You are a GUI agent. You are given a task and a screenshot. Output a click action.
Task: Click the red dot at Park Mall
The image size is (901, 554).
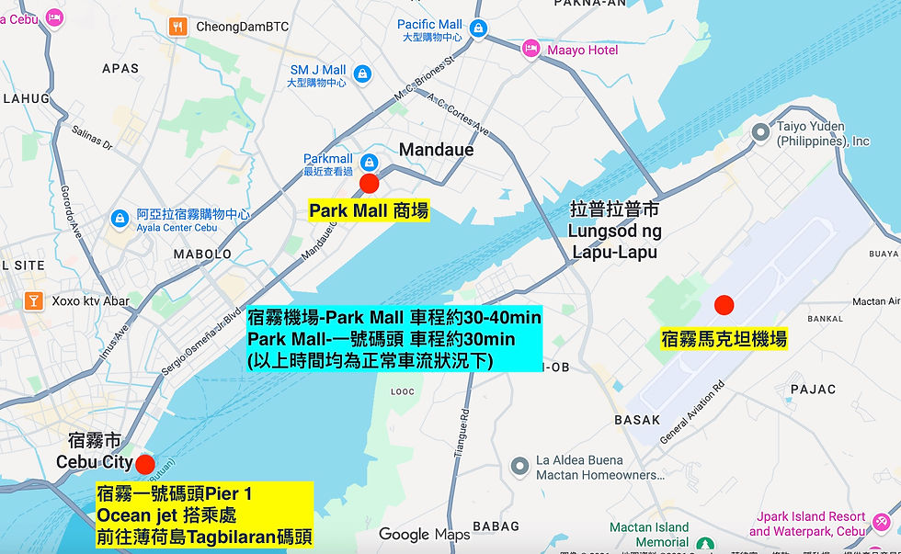point(370,183)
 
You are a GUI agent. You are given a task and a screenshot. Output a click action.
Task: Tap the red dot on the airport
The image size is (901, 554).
point(724,304)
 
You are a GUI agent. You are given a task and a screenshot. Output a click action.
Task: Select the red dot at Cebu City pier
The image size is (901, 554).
point(145,463)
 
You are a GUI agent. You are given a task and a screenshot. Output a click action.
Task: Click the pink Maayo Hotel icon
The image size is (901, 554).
point(530,48)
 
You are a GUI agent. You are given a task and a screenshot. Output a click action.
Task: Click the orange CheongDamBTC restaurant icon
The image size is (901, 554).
point(178,27)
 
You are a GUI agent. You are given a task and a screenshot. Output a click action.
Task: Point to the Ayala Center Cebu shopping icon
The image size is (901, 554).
point(119,219)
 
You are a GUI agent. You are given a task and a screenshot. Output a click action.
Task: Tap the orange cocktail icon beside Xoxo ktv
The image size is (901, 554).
point(34,300)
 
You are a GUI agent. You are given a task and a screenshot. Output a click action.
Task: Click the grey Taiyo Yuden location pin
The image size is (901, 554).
point(760,133)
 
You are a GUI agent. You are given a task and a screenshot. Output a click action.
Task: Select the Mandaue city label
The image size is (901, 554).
point(436,150)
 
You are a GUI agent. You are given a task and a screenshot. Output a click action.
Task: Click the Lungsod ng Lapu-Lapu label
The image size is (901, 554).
point(614,231)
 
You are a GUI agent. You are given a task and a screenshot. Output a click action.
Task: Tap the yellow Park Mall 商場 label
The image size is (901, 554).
point(369,211)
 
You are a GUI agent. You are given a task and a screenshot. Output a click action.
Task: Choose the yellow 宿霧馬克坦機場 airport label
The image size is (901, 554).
point(724,339)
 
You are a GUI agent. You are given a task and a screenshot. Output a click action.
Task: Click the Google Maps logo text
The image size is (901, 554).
point(424,534)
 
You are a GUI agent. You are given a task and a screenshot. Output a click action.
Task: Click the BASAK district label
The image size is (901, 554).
point(637,420)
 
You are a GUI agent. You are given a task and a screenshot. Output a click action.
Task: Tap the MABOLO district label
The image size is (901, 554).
point(202,254)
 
